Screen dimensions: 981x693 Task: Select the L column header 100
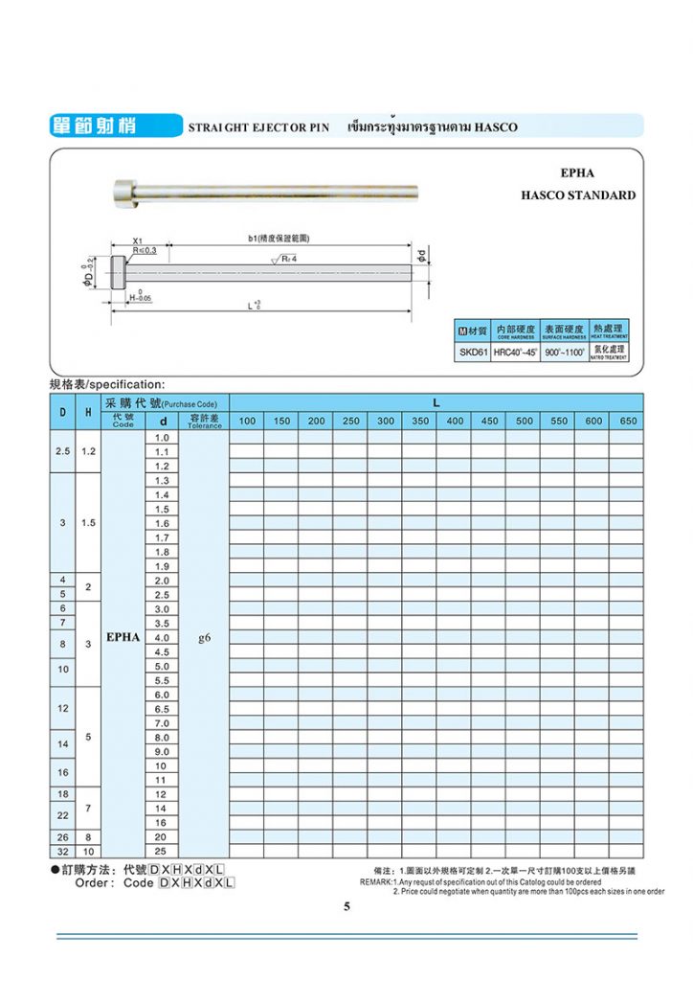click(247, 422)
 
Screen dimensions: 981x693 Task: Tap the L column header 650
click(628, 422)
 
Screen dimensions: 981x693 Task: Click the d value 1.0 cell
click(162, 437)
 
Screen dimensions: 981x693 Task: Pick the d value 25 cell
click(162, 851)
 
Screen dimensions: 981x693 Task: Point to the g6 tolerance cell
click(204, 637)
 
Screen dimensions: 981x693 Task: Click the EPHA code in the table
click(123, 637)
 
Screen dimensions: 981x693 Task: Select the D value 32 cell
click(63, 851)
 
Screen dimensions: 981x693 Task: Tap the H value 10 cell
click(87, 851)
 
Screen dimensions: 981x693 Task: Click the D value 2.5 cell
click(63, 451)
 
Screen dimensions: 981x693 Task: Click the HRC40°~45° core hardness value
click(516, 353)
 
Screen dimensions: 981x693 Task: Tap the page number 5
click(346, 906)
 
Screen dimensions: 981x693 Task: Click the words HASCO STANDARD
click(577, 195)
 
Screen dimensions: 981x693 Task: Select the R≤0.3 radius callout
click(144, 250)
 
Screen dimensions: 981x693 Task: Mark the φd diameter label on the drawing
click(421, 257)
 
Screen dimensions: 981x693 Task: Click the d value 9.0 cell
click(162, 751)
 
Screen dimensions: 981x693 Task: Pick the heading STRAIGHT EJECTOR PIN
click(258, 127)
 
